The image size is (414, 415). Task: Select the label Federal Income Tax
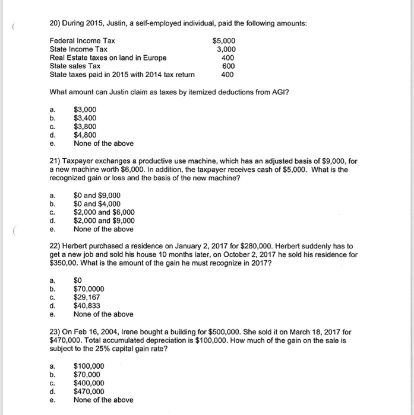[83, 41]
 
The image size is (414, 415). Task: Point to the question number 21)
[56, 162]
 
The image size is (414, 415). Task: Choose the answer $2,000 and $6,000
[104, 212]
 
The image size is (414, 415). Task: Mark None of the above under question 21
[103, 229]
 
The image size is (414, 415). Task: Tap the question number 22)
[56, 246]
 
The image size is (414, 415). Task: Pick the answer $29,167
[86, 297]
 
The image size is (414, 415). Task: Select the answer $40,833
[86, 305]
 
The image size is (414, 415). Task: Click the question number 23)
[56, 332]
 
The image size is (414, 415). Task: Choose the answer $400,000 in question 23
[88, 383]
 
